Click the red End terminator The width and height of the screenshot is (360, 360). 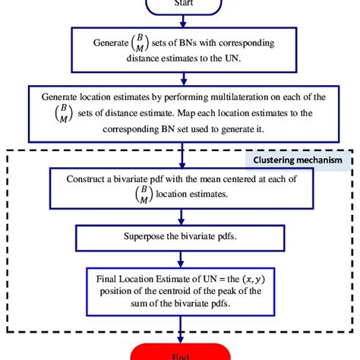[180, 352]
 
